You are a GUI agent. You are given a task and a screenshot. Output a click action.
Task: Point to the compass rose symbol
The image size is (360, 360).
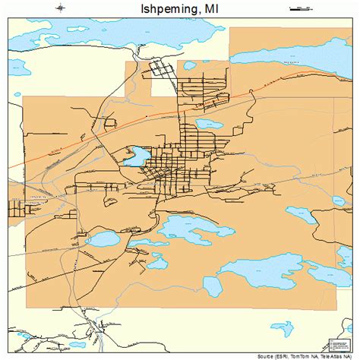tap(60, 8)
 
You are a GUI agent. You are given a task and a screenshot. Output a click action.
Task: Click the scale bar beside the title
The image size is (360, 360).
tap(300, 8)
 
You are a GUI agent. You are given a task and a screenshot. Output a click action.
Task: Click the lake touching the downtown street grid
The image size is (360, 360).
tap(137, 158)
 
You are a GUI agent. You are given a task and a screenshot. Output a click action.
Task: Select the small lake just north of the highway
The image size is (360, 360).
tap(208, 124)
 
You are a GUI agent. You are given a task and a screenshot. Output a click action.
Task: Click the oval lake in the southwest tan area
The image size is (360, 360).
tap(103, 238)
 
